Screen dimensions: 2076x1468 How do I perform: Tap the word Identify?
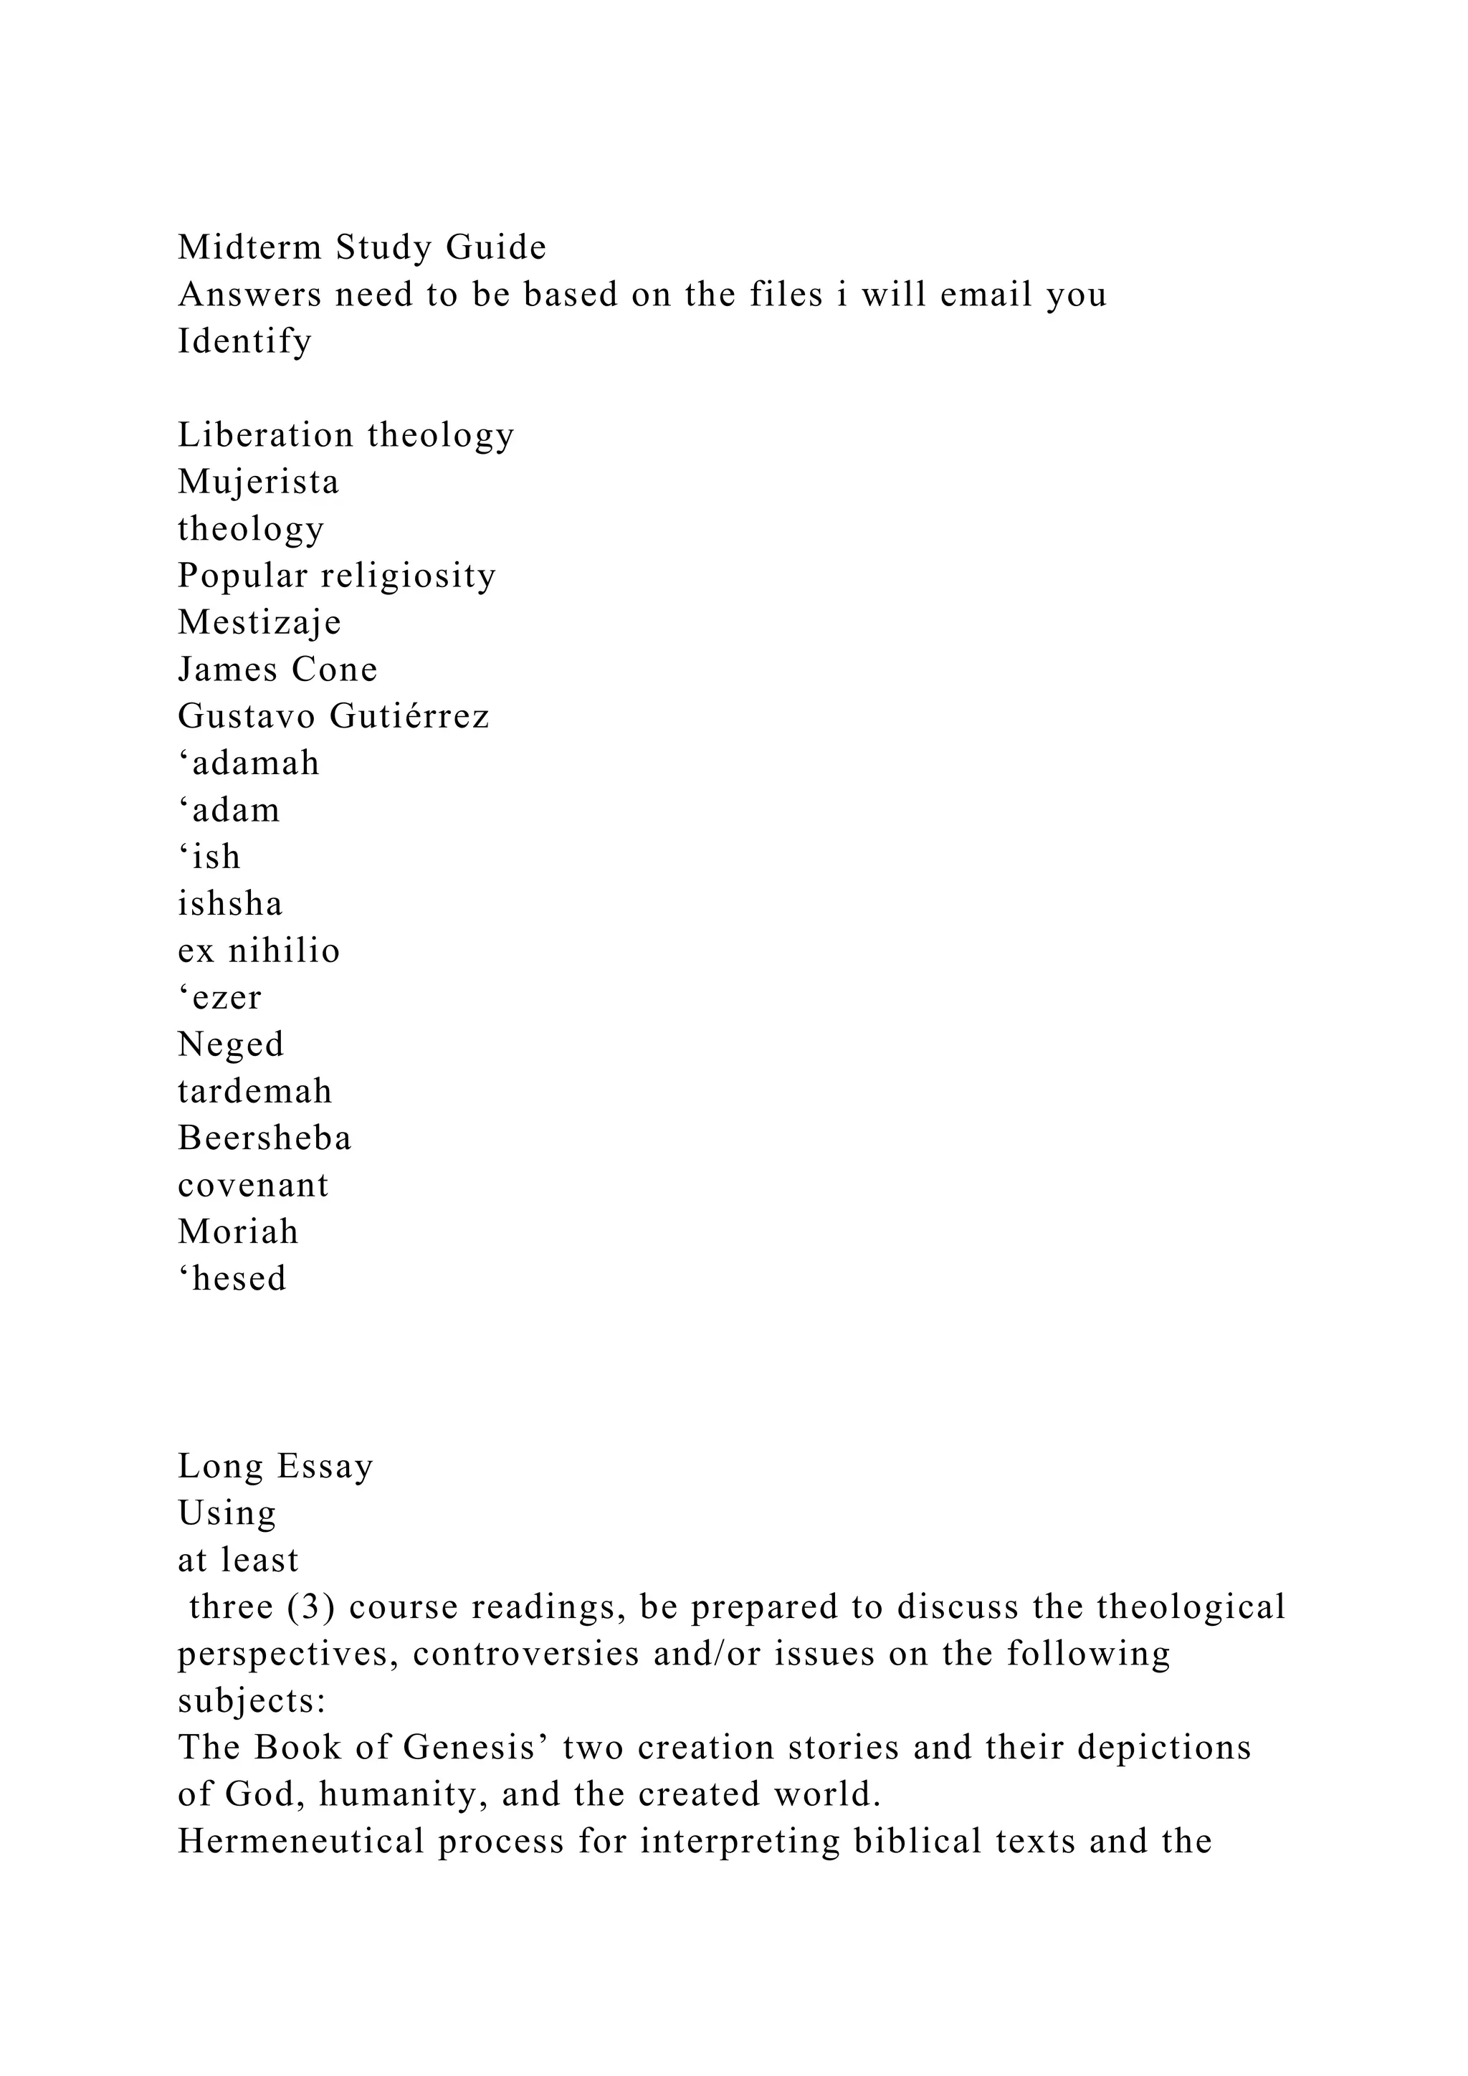click(x=244, y=341)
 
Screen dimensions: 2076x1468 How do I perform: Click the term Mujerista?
click(x=257, y=481)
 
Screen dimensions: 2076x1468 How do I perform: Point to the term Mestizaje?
click(x=259, y=622)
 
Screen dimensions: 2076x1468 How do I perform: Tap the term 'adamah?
click(x=249, y=763)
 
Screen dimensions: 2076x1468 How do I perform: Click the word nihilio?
click(x=284, y=951)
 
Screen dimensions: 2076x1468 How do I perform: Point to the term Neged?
click(x=231, y=1044)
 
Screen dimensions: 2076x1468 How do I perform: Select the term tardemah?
click(x=255, y=1091)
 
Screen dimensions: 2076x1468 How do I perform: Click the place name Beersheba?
click(x=264, y=1138)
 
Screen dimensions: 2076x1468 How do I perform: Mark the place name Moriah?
click(x=238, y=1232)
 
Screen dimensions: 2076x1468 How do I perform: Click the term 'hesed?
click(x=232, y=1279)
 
